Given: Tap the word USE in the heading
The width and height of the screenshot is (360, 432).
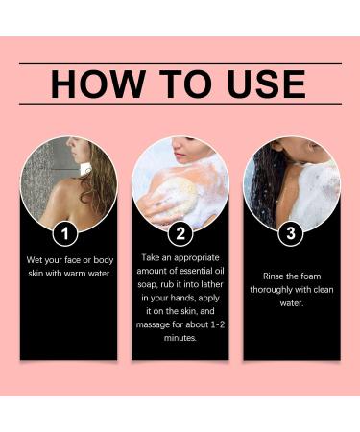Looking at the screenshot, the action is coord(266,84).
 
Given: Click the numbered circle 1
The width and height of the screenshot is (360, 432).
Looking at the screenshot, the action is coord(65,233).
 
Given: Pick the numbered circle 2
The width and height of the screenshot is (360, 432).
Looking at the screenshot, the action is coord(180,233).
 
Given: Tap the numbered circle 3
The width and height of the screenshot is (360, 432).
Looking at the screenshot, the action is coord(291,233).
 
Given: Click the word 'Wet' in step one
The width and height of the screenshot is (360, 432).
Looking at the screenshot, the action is coord(34,260).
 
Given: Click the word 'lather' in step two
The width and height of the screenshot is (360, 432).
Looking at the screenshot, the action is coord(213,284).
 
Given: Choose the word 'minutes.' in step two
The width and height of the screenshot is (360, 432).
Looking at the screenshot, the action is coord(180,338).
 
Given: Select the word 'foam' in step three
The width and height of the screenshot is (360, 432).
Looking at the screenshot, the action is coord(311,276).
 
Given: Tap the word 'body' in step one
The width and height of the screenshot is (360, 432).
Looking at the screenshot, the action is coord(104,260).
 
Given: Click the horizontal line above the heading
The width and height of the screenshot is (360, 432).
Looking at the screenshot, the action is coord(180,64).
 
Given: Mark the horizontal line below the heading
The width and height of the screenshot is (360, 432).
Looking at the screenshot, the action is coord(180,104).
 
